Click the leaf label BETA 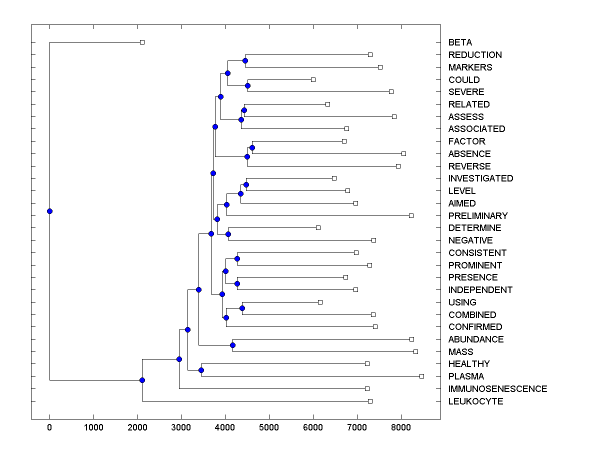(460, 42)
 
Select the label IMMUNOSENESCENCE (497, 389)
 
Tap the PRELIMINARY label (478, 216)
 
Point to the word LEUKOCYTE (475, 401)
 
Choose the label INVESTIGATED (480, 178)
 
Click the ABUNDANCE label (476, 339)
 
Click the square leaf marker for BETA (142, 42)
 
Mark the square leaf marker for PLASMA (421, 376)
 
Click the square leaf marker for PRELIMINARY (411, 215)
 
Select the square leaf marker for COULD (313, 79)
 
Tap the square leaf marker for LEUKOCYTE (370, 401)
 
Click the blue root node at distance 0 (49, 211)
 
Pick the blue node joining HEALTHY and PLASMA (201, 370)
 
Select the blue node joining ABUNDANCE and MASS (232, 345)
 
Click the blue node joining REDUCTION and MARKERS (245, 61)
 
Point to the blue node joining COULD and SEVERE (247, 85)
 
